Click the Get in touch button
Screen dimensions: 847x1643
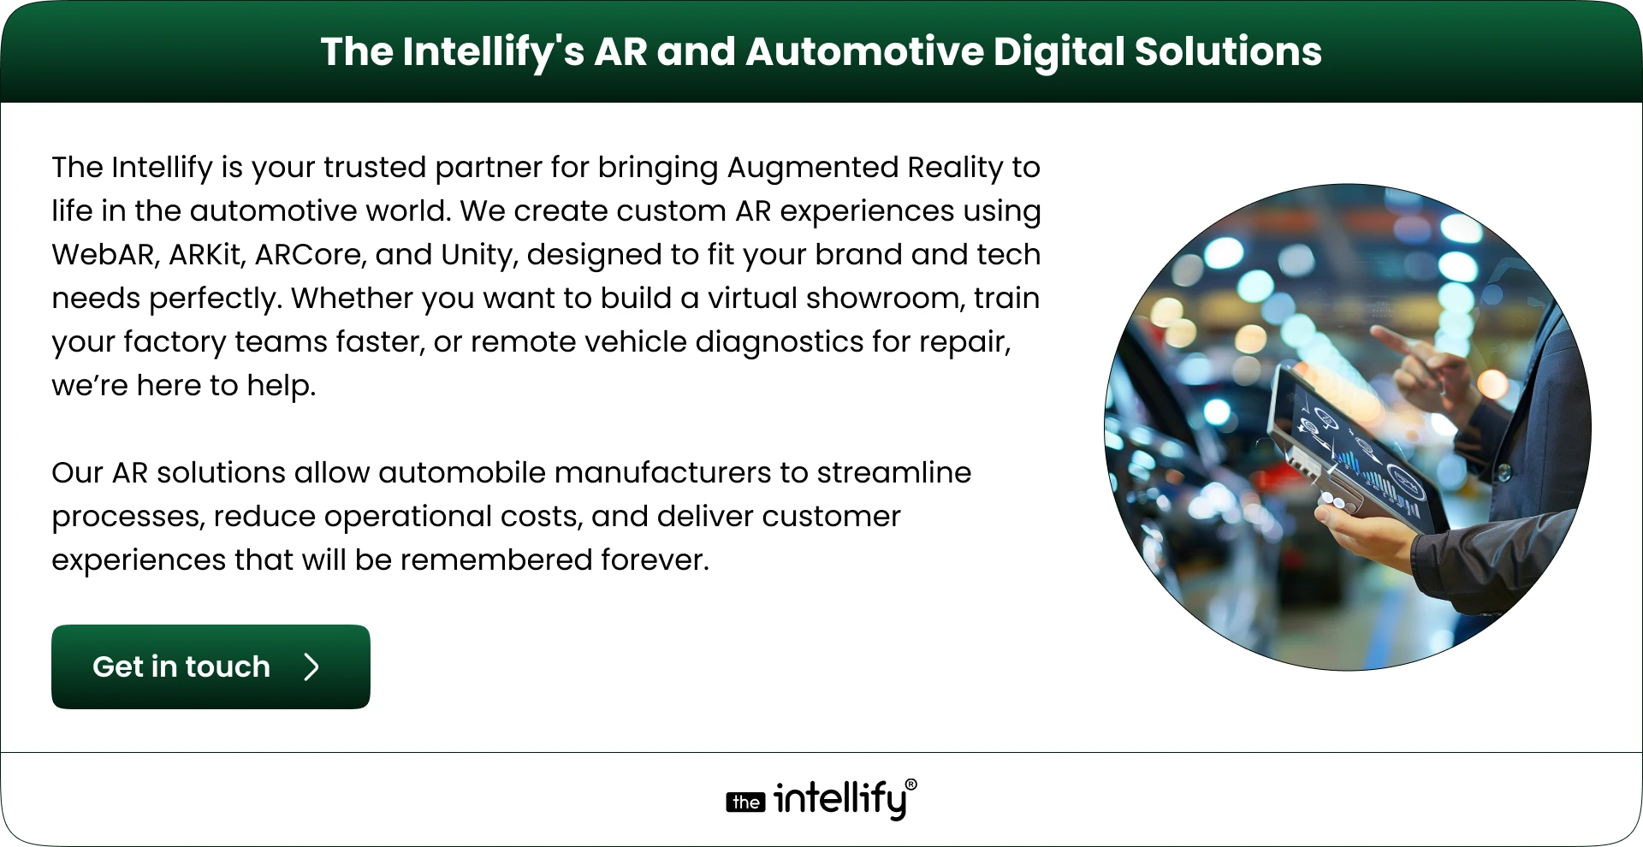click(211, 666)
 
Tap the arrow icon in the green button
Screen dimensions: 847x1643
click(311, 667)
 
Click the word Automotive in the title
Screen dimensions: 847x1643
click(864, 51)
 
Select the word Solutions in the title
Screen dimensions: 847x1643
click(1228, 51)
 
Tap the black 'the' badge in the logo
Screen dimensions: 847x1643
click(745, 802)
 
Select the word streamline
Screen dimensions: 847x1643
click(894, 473)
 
